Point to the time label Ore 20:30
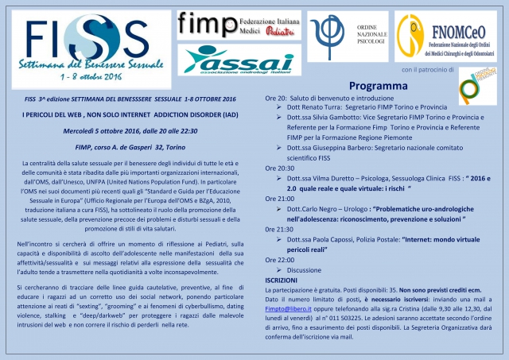tap(280, 168)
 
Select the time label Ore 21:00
tap(280, 198)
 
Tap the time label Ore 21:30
tap(280, 228)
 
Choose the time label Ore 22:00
tap(280, 259)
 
